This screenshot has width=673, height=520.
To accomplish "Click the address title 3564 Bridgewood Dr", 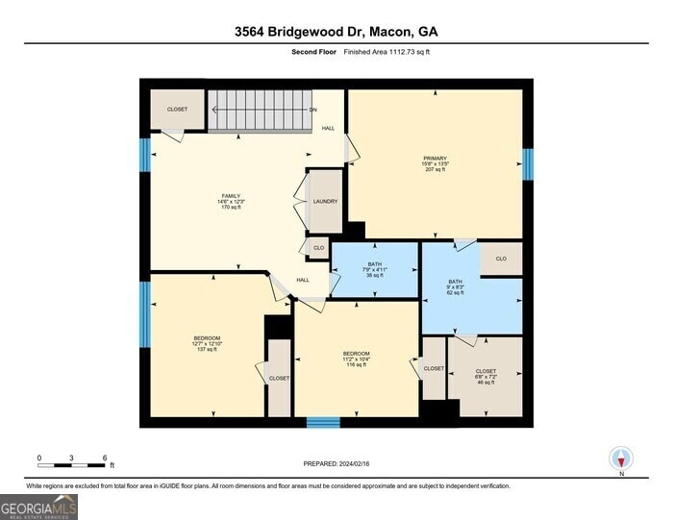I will click(336, 31).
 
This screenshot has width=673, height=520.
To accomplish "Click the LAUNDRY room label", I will click(326, 202).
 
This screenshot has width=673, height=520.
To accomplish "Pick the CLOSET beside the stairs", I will click(177, 110).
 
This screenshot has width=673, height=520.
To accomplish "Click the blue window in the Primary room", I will click(527, 164).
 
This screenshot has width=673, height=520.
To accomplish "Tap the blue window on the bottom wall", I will click(323, 422).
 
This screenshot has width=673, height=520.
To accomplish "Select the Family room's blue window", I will click(145, 155).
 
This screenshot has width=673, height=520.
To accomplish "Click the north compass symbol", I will click(620, 459).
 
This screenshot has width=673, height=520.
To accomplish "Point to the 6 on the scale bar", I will click(104, 458).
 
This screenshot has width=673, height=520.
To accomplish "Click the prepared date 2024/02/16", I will click(336, 463).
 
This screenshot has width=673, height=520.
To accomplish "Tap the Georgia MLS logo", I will click(39, 507).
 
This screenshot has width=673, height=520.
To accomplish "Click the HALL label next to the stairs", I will click(328, 128).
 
